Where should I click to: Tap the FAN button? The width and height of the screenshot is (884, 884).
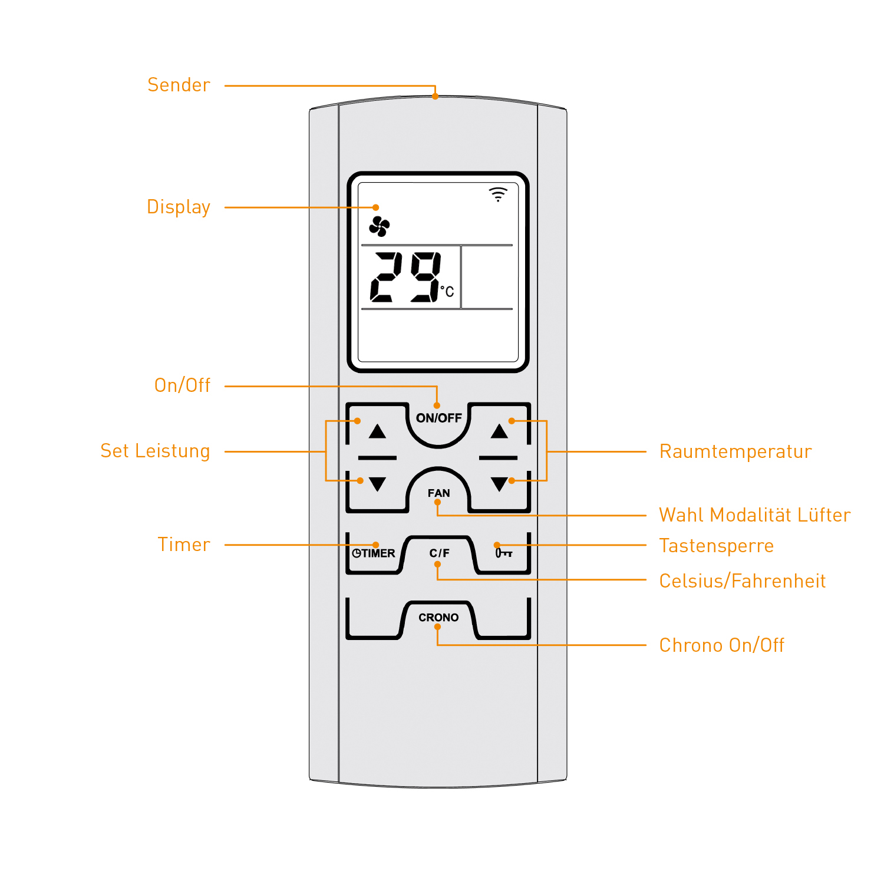tap(438, 493)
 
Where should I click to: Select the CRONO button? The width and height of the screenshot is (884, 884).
tap(438, 618)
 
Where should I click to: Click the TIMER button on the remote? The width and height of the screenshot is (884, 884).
tap(374, 553)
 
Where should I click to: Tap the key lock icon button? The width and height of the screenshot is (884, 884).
tap(503, 553)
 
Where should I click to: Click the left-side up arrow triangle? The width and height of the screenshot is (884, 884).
tap(377, 431)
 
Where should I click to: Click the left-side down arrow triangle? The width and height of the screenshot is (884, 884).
tap(377, 484)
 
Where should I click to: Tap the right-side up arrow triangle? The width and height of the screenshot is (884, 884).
tap(499, 431)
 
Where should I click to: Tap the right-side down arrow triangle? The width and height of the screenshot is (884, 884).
tap(499, 484)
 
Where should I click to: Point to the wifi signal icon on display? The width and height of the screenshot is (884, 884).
tap(498, 194)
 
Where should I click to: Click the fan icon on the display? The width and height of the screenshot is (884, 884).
tap(380, 226)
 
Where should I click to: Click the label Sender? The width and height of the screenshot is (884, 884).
tap(179, 85)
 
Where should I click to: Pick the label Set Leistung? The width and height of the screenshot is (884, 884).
tap(155, 451)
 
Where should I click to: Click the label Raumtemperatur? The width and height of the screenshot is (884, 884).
tap(735, 452)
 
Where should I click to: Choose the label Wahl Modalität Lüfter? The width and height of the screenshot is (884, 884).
tap(754, 516)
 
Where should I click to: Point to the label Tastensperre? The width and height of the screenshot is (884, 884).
tap(716, 546)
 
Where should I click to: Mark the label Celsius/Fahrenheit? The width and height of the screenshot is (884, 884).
tap(742, 582)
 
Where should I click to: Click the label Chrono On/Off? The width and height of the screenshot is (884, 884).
tap(721, 646)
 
